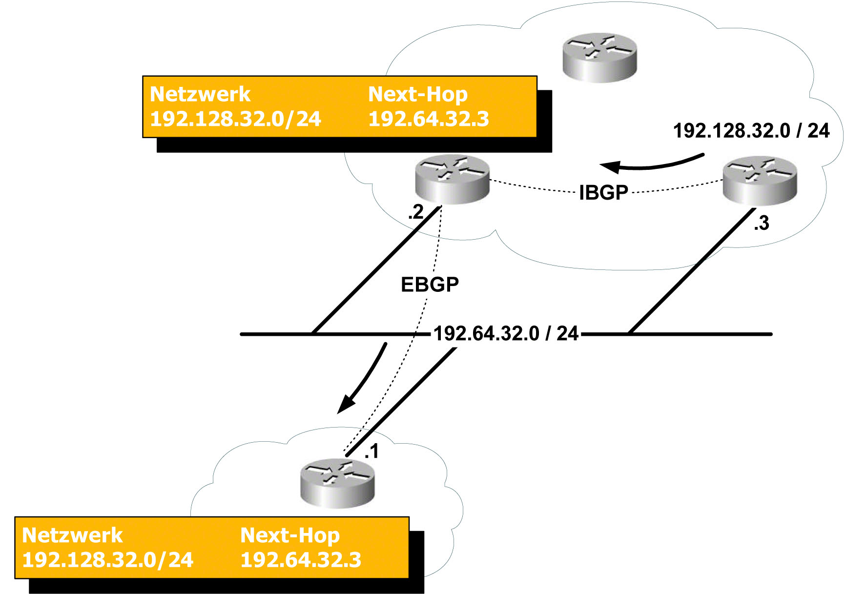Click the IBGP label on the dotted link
pyautogui.click(x=603, y=193)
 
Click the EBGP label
pyautogui.click(x=430, y=285)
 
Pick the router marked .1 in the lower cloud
pyautogui.click(x=337, y=483)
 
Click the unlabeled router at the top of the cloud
pyautogui.click(x=599, y=57)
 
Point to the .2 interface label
pyautogui.click(x=416, y=212)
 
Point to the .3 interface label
pyautogui.click(x=762, y=223)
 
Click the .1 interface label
pyautogui.click(x=372, y=451)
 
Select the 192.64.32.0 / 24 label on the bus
pyautogui.click(x=506, y=334)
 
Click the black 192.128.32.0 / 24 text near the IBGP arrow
pyautogui.click(x=751, y=131)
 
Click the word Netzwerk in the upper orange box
pyautogui.click(x=200, y=94)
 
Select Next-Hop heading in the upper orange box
pyautogui.click(x=417, y=94)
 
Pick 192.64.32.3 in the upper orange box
pyautogui.click(x=428, y=119)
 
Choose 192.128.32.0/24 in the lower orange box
pyautogui.click(x=107, y=560)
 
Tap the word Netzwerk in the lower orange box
pyautogui.click(x=72, y=535)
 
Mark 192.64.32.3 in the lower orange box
pyautogui.click(x=300, y=560)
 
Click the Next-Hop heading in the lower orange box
pyautogui.click(x=289, y=535)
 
